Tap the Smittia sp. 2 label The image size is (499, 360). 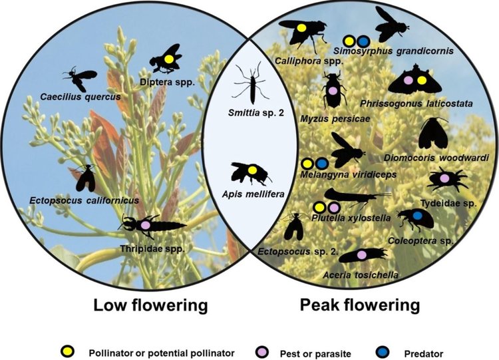[256, 112]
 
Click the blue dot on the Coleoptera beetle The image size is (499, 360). [417, 216]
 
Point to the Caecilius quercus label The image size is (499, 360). [81, 96]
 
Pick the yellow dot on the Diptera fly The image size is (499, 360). [169, 59]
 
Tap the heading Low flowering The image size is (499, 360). [150, 305]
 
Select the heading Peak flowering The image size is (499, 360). [360, 305]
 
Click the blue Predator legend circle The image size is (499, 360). [382, 352]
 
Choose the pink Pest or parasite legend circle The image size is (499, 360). [262, 353]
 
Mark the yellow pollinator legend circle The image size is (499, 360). [67, 352]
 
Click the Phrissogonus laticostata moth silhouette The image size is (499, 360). [415, 80]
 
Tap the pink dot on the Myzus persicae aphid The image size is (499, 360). [333, 90]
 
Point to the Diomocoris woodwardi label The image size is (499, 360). [436, 158]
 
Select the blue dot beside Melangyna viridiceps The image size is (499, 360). [322, 164]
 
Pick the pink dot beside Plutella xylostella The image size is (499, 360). [333, 208]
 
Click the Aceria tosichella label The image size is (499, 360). [361, 275]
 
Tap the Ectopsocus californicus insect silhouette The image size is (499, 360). [86, 178]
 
